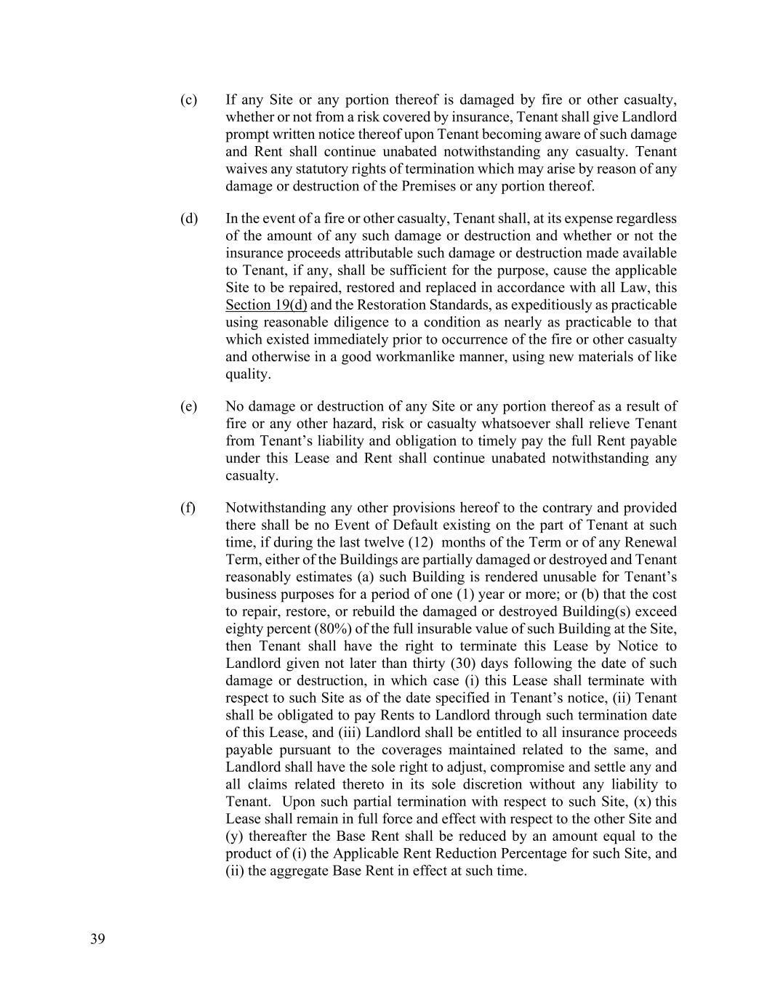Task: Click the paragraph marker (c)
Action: [x=188, y=100]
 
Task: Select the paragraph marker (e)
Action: [x=188, y=406]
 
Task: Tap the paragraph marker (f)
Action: [x=188, y=508]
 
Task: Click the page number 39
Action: [x=97, y=939]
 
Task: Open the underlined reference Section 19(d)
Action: [x=266, y=305]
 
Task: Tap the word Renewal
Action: [x=650, y=543]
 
